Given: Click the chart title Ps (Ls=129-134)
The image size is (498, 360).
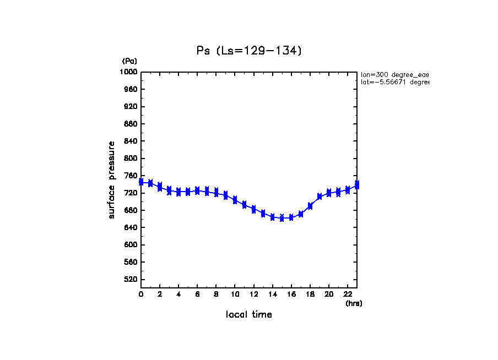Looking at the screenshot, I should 249,51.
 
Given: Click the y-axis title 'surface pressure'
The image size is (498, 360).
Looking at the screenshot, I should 112,179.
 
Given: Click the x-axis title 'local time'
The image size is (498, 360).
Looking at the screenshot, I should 248,314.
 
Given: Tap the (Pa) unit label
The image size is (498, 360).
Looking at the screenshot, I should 129,61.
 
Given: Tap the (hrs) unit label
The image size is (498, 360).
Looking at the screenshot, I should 354,303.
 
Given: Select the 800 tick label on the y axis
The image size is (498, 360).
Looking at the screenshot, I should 131,159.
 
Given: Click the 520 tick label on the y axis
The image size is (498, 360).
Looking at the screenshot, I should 131,280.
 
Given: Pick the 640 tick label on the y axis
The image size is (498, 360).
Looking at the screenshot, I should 131,228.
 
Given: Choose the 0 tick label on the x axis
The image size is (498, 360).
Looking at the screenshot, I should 141,294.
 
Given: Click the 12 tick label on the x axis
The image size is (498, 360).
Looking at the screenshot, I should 253,294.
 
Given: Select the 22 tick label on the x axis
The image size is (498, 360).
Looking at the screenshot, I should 348,294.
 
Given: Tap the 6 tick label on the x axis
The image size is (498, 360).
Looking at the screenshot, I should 197,294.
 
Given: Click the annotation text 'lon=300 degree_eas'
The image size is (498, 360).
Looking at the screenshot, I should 394,74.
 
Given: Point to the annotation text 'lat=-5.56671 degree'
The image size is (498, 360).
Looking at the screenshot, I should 394,82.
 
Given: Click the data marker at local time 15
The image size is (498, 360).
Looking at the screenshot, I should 282,218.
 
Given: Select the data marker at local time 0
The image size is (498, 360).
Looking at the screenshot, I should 141,182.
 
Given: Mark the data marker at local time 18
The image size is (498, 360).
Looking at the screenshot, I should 310,206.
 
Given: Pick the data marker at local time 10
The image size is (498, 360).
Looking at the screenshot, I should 235,200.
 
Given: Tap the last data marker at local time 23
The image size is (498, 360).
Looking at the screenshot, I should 357,185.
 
